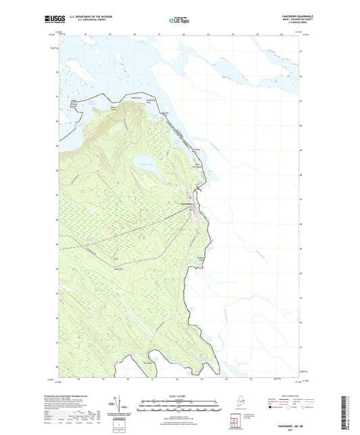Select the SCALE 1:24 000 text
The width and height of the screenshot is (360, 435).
pos(179,396)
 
